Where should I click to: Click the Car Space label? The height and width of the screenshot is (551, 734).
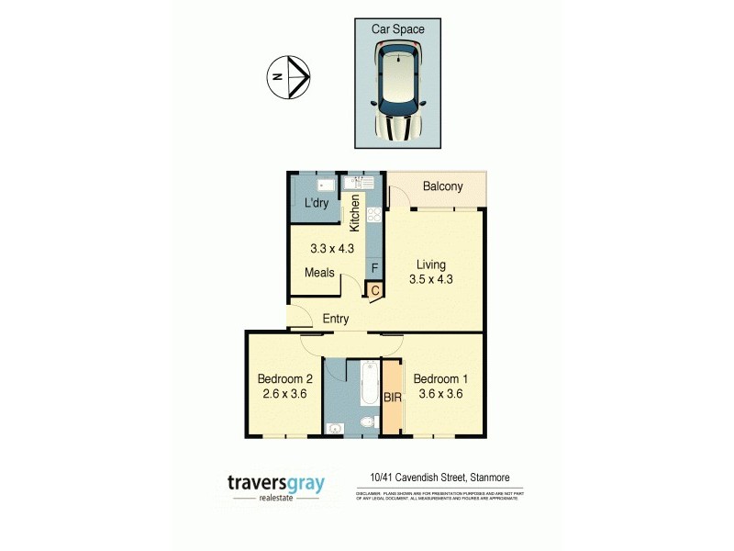click(398, 29)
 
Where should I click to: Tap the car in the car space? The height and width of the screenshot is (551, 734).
click(398, 94)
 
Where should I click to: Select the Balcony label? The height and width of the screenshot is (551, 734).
click(442, 187)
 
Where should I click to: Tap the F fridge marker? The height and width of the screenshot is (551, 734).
click(373, 268)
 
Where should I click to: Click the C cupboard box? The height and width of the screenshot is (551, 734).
click(375, 290)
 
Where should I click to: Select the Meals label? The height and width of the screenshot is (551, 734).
click(320, 273)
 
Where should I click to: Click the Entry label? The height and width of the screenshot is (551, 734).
click(335, 320)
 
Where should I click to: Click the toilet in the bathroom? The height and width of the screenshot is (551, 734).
click(366, 424)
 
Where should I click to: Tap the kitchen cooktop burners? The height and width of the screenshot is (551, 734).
click(374, 217)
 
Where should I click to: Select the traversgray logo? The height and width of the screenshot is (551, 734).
click(276, 486)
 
